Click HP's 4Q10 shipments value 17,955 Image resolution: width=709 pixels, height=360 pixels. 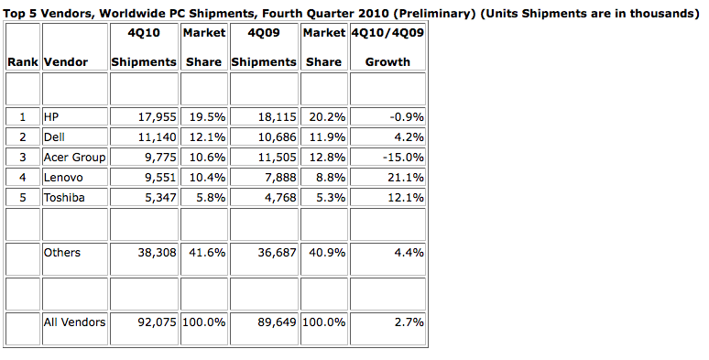pos(157,117)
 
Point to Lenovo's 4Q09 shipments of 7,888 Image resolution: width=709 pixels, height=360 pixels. pos(280,178)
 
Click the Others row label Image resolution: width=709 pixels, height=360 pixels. pos(61,252)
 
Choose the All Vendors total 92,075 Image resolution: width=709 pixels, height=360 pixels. pos(157,322)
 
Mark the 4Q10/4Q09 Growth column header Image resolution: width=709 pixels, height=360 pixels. pos(387,47)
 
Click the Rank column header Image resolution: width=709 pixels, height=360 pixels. pos(23,62)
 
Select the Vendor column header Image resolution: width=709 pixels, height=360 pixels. pos(66,62)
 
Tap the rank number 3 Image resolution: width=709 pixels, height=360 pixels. pos(23,158)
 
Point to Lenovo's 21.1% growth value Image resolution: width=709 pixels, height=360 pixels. pos(406,178)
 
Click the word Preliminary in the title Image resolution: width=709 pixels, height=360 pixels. pos(433,13)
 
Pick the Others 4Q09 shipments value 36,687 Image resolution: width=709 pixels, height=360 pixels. pos(277,252)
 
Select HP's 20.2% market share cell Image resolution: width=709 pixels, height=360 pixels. pos(327,117)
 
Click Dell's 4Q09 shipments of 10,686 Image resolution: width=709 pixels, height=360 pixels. pos(277,137)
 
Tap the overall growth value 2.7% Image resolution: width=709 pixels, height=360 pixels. pos(409,322)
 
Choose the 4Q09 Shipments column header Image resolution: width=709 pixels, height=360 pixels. pos(264,47)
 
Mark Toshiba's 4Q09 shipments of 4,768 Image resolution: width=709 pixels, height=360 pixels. pos(280,198)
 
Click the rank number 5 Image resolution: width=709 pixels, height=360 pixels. pos(23,198)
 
